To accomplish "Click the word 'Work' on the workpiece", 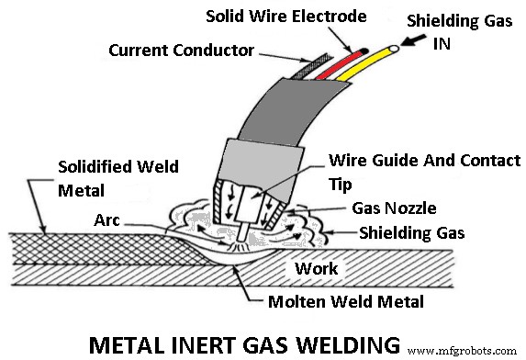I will click(315, 268).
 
